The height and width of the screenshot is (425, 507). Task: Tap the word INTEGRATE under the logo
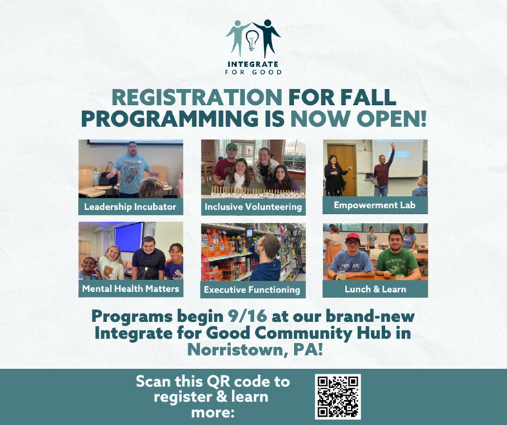(x=253, y=64)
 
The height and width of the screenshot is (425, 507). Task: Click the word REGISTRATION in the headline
(x=197, y=97)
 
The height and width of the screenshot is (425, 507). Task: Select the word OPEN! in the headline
(x=392, y=119)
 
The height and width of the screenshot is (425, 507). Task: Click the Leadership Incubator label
(x=130, y=207)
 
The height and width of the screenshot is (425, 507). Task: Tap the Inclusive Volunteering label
(x=253, y=207)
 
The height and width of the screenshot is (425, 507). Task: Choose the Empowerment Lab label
(x=375, y=205)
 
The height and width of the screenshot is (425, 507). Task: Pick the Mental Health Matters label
(x=130, y=288)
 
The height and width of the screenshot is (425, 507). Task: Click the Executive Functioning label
(x=252, y=290)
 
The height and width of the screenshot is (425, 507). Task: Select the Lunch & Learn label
(x=375, y=289)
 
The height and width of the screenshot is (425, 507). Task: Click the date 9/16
(x=248, y=316)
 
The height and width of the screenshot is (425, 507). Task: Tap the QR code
(x=338, y=397)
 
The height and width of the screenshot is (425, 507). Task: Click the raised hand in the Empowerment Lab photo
(x=392, y=146)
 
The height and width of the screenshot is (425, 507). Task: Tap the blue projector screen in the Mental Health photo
(x=129, y=237)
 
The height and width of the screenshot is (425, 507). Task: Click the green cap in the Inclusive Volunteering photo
(x=232, y=146)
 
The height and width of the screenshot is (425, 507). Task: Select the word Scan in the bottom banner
(x=154, y=382)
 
